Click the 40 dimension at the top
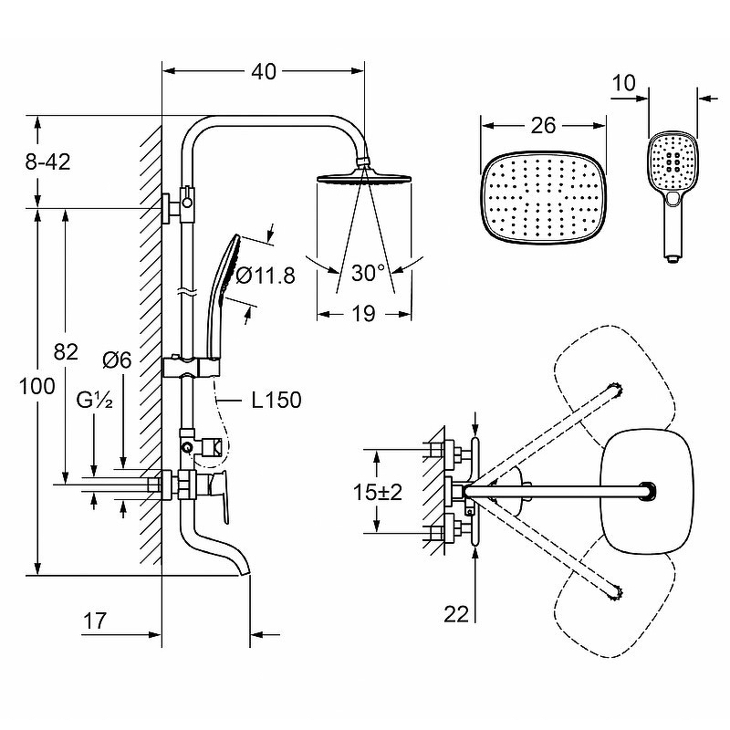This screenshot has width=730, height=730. point(264,71)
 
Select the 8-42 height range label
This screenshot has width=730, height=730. point(47,162)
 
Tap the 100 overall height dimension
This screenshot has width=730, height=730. point(36,386)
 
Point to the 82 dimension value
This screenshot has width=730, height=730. point(66,351)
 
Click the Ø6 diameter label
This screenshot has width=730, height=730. point(118,360)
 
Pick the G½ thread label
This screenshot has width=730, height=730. point(95,400)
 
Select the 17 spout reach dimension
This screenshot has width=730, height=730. point(95,620)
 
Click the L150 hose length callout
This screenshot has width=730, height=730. point(276,400)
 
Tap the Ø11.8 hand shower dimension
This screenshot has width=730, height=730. point(266,276)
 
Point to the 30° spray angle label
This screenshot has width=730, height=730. point(369,273)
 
